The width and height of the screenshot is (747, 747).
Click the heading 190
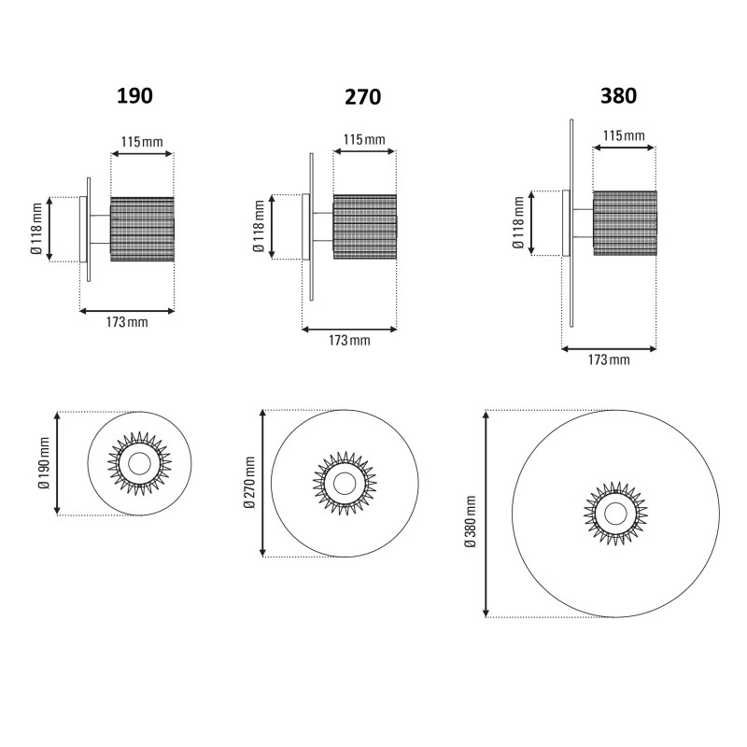point(134,94)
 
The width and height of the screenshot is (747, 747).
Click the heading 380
point(619,94)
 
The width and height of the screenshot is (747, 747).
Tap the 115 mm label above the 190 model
point(142,142)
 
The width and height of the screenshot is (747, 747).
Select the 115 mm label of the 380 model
point(624,135)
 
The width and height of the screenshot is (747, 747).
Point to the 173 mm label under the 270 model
point(349,340)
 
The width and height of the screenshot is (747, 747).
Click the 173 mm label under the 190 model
point(127,322)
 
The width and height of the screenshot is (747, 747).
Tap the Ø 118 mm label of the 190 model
point(35,229)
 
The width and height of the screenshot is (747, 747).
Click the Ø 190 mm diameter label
point(43,463)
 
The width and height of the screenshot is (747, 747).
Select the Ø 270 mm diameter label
point(249,483)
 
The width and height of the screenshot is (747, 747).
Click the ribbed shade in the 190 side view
point(143,229)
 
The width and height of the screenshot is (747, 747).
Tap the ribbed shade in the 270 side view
point(365,227)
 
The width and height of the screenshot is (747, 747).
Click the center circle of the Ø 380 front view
point(615,513)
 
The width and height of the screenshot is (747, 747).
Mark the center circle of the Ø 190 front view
point(139,463)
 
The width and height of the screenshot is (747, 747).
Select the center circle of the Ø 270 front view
point(344,483)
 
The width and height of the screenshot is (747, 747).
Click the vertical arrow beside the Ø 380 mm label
point(486,514)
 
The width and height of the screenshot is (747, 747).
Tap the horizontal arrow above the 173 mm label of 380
point(609,349)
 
